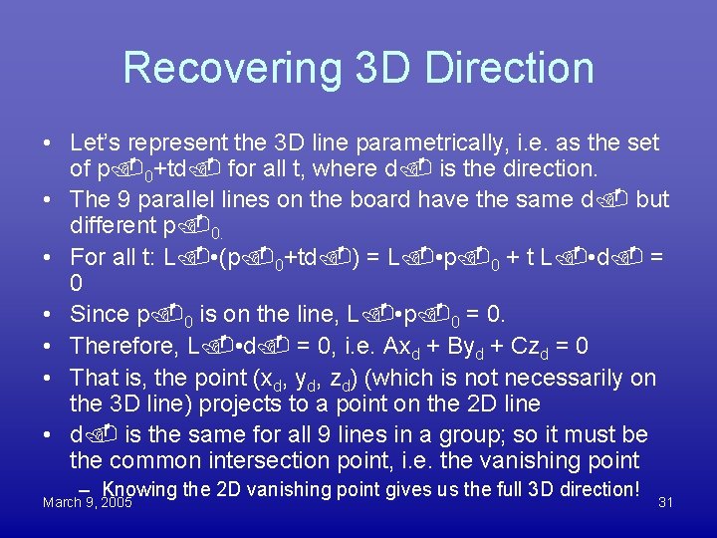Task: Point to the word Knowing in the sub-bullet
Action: [x=139, y=489]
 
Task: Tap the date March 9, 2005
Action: [x=88, y=503]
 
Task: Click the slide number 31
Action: [x=665, y=503]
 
